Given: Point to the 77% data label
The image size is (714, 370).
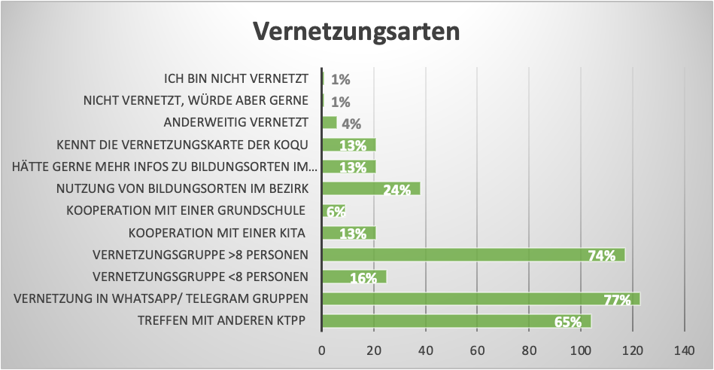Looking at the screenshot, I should tap(616, 301).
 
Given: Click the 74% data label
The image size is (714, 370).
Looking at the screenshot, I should tap(601, 256).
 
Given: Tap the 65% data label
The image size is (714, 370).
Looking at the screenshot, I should tap(567, 323).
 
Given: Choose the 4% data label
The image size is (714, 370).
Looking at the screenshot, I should tap(351, 124).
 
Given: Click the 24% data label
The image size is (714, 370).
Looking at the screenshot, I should tap(396, 190).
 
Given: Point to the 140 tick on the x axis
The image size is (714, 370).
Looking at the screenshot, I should tap(684, 350).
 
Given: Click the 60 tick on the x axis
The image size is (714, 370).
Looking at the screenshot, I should tap(477, 350).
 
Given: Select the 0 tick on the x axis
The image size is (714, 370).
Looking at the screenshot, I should tap(322, 350).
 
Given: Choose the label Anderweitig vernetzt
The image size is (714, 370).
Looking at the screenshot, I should tap(236, 123).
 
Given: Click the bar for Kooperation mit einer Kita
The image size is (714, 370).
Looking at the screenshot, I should tap(348, 233).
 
